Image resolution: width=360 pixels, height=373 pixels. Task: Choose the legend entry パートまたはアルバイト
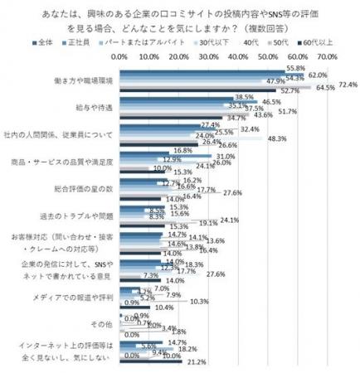click(x=142, y=41)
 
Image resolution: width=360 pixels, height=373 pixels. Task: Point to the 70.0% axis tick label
click(x=326, y=55)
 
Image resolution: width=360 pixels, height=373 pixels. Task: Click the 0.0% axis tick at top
click(x=119, y=55)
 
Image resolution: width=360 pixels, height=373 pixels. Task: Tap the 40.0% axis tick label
click(x=237, y=55)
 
